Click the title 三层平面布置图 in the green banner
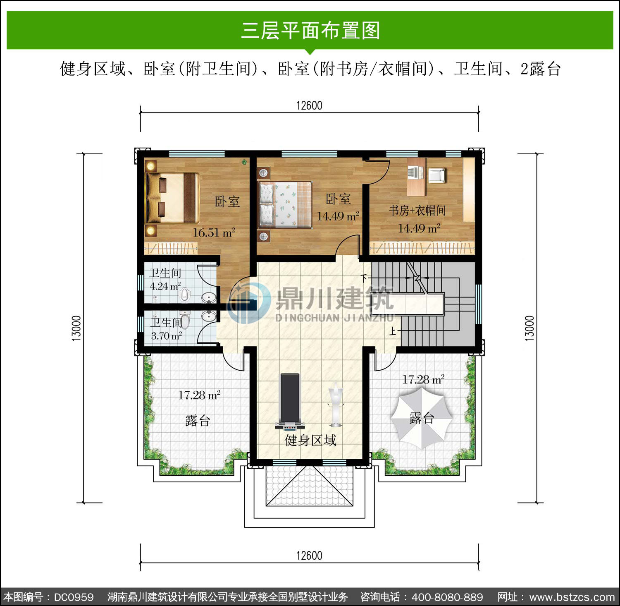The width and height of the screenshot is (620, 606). (x=310, y=31)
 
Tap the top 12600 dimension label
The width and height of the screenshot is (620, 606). (x=309, y=105)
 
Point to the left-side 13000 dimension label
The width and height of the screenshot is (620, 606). (x=76, y=328)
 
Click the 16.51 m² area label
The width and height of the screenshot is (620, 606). (x=214, y=232)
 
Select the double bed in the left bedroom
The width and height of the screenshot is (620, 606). (x=172, y=198)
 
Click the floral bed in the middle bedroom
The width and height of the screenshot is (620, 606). (x=285, y=204)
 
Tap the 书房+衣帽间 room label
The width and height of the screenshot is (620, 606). (x=417, y=211)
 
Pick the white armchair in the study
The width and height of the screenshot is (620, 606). (x=436, y=175)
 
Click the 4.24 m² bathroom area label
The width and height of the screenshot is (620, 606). (x=165, y=286)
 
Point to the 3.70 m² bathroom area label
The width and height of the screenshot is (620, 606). (x=167, y=336)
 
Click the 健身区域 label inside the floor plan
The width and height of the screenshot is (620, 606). (x=310, y=440)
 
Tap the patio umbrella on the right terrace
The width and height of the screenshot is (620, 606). (x=421, y=419)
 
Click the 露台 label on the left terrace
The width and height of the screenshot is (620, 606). (x=198, y=421)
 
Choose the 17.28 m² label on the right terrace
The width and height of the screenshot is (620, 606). (x=424, y=379)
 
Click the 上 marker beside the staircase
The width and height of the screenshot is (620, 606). (x=393, y=331)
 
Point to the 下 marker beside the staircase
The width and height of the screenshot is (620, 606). (x=364, y=278)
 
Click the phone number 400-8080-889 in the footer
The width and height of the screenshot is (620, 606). (x=447, y=597)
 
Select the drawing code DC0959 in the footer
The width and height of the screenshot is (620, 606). (x=74, y=597)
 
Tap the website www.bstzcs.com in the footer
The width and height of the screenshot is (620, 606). (x=572, y=597)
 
